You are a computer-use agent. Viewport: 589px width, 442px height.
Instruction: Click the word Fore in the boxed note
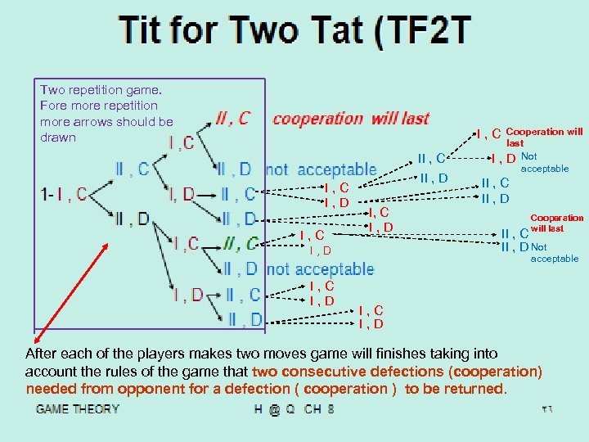point(53,106)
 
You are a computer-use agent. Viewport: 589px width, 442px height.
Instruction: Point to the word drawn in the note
point(58,137)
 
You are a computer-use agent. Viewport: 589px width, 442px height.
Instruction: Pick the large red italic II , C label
point(232,119)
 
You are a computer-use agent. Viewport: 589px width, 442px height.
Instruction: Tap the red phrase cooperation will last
point(350,119)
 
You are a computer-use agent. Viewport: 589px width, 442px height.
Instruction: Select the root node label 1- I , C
point(63,195)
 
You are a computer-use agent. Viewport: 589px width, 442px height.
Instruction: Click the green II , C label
point(241,243)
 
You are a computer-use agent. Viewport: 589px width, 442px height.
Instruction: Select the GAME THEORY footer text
point(77,408)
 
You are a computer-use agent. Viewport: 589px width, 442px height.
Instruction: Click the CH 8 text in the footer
point(318,408)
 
